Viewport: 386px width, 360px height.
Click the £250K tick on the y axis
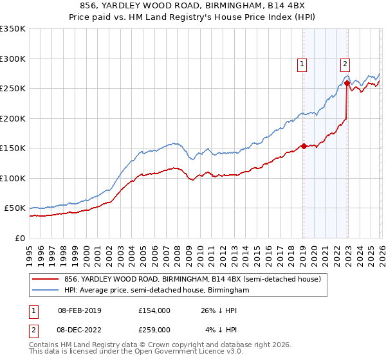coord(13,88)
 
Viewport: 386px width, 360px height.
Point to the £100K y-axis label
coord(13,178)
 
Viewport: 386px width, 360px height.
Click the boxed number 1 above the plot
coord(302,63)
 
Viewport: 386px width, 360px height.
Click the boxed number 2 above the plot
coord(345,63)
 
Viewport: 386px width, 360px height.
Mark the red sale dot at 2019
coord(303,146)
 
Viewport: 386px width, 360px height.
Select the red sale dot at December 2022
coord(347,83)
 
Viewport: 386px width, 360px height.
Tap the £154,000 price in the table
coord(154,310)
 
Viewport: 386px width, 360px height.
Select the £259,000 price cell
coord(154,330)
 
